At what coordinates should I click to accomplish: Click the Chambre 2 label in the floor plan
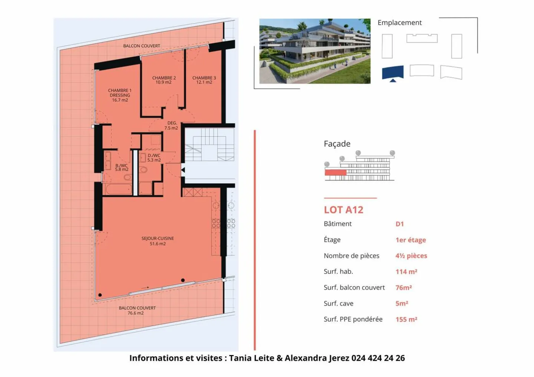[164, 80]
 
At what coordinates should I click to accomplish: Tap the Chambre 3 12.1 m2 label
[204, 80]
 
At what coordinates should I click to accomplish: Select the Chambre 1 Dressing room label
[120, 95]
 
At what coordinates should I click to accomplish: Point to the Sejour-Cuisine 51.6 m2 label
[158, 241]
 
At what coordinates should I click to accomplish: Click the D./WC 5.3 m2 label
[154, 158]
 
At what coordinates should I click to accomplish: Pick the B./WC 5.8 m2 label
[122, 168]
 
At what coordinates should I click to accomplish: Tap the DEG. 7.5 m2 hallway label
[171, 125]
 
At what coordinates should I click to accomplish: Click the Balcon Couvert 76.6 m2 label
[137, 310]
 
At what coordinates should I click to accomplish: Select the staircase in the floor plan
[210, 145]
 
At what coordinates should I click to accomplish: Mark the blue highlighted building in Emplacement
[392, 72]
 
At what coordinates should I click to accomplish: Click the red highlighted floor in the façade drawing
[335, 172]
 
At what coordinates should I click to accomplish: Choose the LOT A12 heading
[343, 210]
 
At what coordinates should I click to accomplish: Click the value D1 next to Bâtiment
[399, 224]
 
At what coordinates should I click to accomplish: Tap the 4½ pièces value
[411, 256]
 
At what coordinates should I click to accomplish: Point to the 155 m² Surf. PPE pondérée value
[406, 319]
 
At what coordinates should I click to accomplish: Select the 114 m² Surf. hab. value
[406, 272]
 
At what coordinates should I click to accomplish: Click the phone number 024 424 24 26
[378, 358]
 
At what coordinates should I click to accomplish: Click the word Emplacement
[399, 23]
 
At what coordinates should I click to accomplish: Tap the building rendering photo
[314, 51]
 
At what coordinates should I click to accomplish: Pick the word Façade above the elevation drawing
[337, 144]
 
